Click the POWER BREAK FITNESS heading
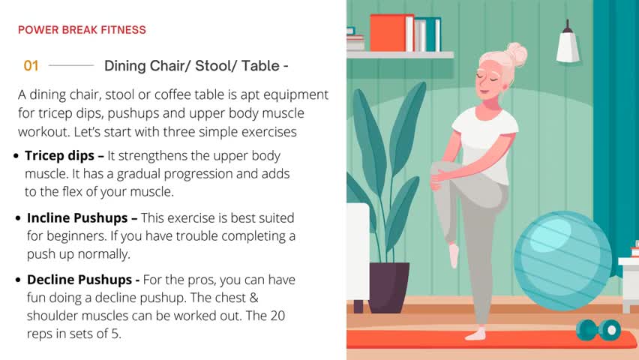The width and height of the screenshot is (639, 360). [82, 30]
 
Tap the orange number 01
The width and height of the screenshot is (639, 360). [31, 66]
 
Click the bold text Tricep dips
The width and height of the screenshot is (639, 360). [59, 156]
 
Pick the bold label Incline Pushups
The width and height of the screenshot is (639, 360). [77, 218]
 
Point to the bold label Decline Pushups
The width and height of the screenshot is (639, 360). [79, 280]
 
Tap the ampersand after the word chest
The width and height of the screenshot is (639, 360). [254, 298]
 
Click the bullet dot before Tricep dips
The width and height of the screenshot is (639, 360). [16, 156]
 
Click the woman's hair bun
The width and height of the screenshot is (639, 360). [516, 53]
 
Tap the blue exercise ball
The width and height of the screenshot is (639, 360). [562, 260]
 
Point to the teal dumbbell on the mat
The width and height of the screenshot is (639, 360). [598, 330]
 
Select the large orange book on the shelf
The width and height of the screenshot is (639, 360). [391, 33]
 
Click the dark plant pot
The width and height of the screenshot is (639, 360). [388, 287]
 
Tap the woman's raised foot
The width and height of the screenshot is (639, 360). [454, 255]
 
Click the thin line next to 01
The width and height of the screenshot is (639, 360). [71, 65]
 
